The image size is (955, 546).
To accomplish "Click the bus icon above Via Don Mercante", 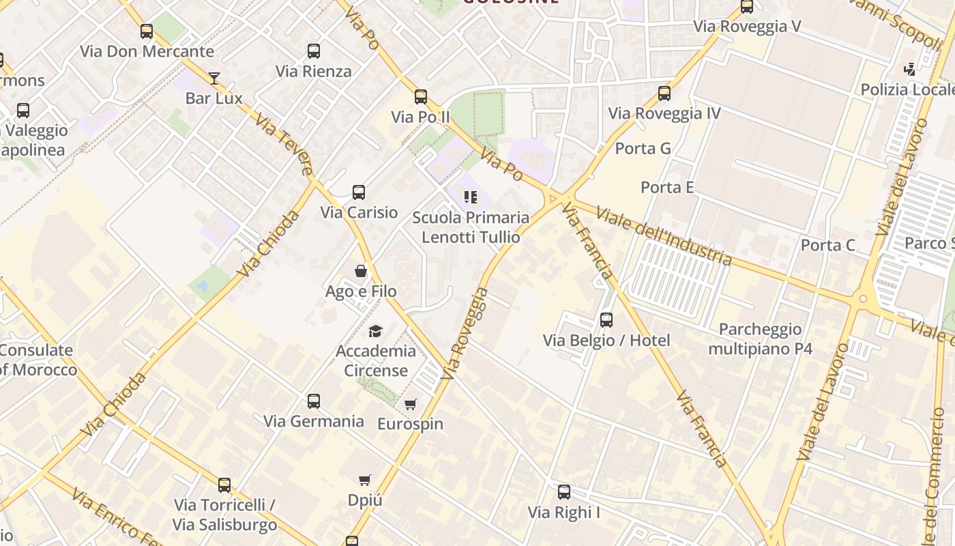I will (147, 31).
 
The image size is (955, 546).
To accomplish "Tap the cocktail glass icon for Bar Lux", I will (214, 78).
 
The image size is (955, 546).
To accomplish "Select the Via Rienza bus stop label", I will (314, 71).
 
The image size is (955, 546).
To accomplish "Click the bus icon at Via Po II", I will (421, 97).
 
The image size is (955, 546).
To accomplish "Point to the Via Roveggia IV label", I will (664, 113).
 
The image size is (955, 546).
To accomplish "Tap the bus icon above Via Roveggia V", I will (747, 7).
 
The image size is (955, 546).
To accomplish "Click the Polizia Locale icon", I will (910, 70).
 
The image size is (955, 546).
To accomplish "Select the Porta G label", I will (643, 149).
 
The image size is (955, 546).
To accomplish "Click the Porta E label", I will (667, 187).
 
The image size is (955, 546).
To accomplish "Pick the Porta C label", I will (827, 245).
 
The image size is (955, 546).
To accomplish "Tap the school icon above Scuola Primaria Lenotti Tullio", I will (470, 197).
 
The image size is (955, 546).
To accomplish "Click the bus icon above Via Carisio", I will (359, 192).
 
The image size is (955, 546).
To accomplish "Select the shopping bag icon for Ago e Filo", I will (361, 271).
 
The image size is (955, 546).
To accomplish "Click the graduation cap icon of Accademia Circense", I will (375, 331).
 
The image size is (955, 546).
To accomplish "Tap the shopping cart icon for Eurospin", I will (410, 404).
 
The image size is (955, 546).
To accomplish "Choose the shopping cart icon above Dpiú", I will (365, 480).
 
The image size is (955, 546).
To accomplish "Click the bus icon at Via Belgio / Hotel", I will (606, 320).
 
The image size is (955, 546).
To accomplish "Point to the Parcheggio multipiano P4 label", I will (760, 339).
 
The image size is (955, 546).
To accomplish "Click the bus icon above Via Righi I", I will (564, 492).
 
